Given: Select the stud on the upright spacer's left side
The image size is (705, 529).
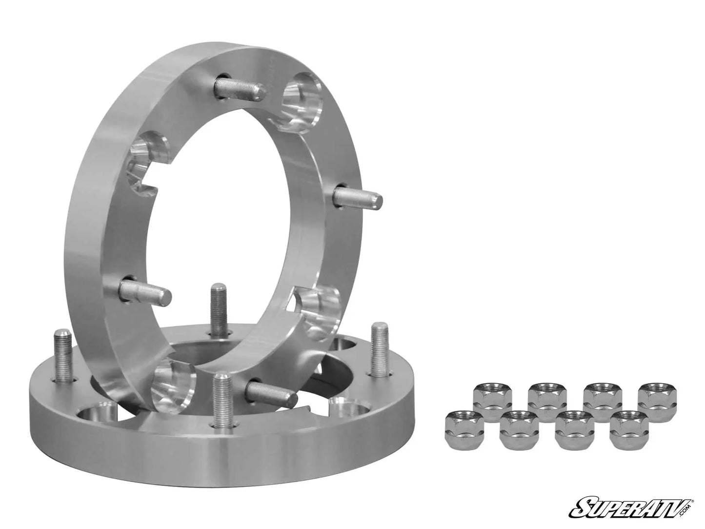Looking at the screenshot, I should [146, 289].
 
